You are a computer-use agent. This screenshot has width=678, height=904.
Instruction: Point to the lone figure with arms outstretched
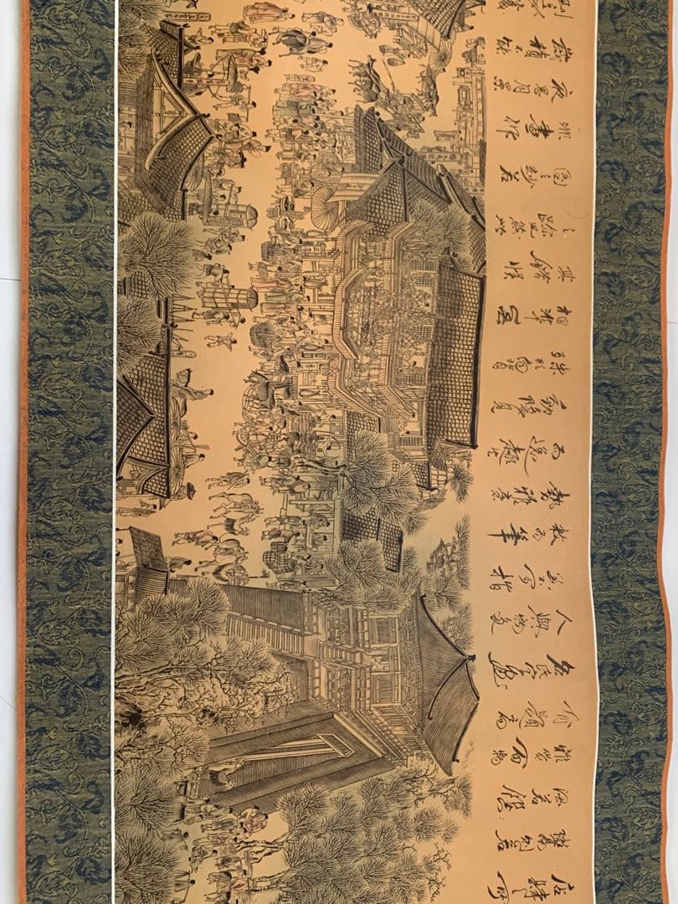pos(219,339)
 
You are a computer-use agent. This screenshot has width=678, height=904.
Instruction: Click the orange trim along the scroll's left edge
pos(23,452)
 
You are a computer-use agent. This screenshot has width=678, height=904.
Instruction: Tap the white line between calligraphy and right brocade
pos(595,452)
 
